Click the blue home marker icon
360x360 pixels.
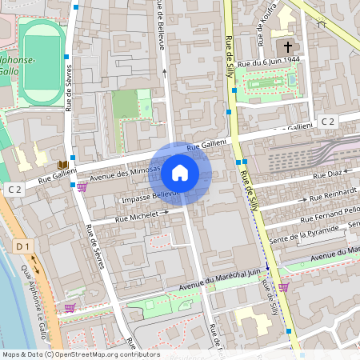[x=180, y=172]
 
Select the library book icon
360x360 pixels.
[x=62, y=165]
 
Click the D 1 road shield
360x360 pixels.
[x=23, y=246]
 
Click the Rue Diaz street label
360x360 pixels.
[x=327, y=174]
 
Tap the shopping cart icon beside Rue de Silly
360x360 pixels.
[x=283, y=286]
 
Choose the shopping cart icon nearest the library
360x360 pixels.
[x=82, y=187]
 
